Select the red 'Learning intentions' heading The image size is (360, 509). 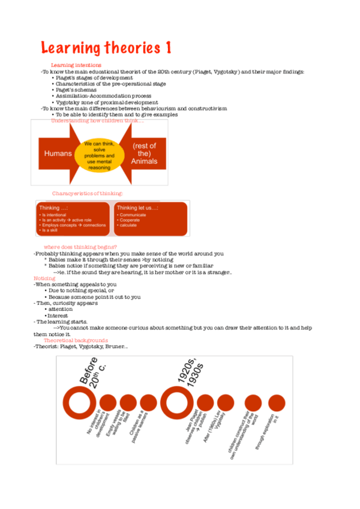[76, 65]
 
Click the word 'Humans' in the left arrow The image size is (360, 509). [58, 153]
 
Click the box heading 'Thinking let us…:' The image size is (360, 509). [137, 208]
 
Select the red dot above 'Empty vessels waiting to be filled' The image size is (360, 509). [128, 403]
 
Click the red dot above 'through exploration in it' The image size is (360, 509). [277, 403]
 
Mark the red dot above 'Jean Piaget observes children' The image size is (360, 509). [205, 403]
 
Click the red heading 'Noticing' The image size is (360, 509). [44, 279]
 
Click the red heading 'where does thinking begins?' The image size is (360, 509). [80, 247]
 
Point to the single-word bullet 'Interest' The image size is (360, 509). [58, 316]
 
